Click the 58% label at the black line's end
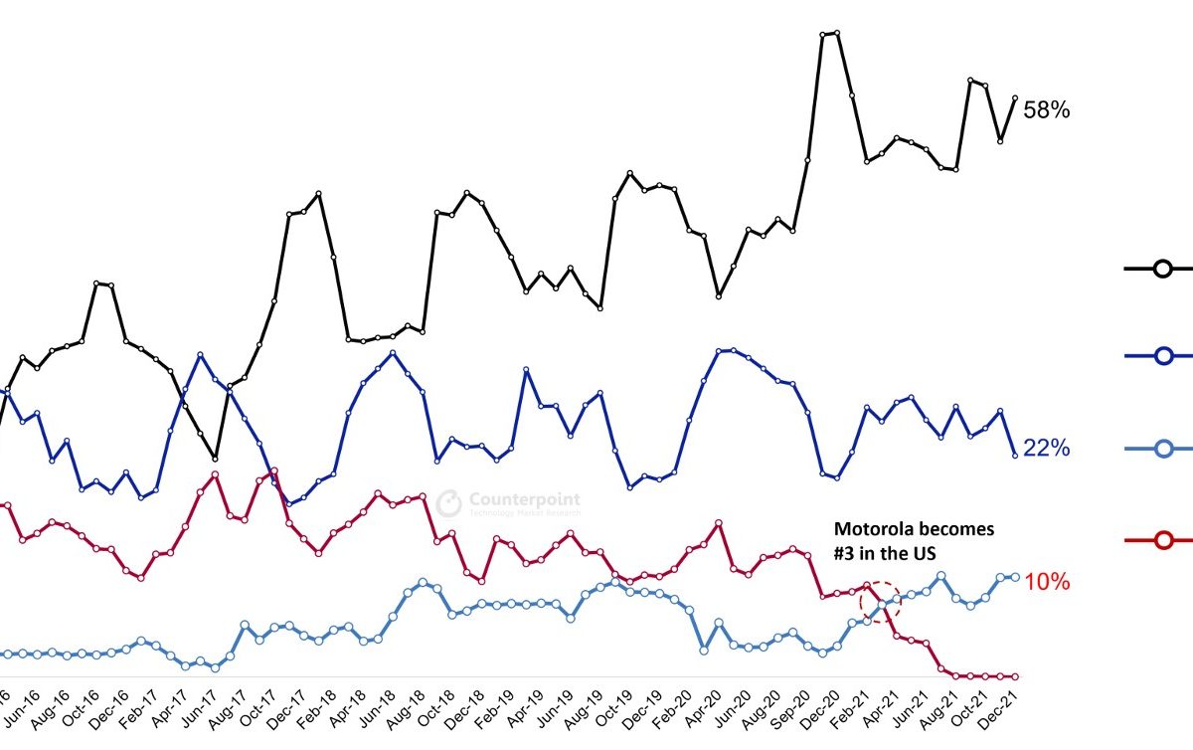tap(1047, 110)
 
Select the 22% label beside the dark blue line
tap(1047, 449)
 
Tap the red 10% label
tap(1047, 582)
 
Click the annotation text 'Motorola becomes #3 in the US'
tap(913, 541)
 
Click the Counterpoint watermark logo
tap(450, 502)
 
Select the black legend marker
tap(1162, 268)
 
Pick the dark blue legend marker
tap(1162, 356)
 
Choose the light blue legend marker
tap(1162, 450)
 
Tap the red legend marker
tap(1162, 540)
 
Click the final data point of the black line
tap(1015, 97)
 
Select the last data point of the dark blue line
tap(1015, 456)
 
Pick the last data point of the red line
tap(1015, 676)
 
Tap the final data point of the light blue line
tap(1015, 577)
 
